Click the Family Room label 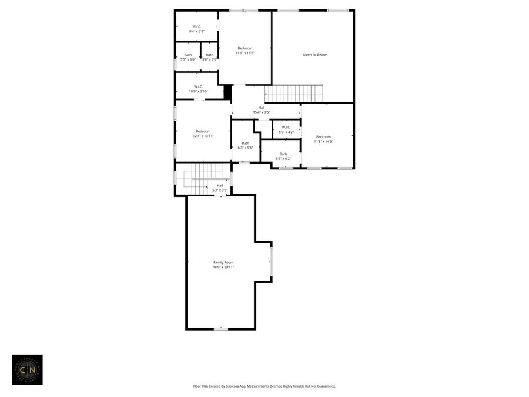pyautogui.click(x=223, y=262)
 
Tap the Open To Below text pyautogui.click(x=314, y=55)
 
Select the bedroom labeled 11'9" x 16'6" pyautogui.click(x=245, y=51)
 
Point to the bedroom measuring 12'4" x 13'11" pyautogui.click(x=203, y=134)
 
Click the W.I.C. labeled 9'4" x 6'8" pyautogui.click(x=197, y=29)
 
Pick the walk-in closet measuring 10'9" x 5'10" pyautogui.click(x=198, y=89)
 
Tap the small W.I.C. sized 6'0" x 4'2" pyautogui.click(x=286, y=129)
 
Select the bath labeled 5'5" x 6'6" pyautogui.click(x=188, y=57)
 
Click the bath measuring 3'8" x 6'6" pyautogui.click(x=209, y=57)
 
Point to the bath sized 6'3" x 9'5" pyautogui.click(x=245, y=145)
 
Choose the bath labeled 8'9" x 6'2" pyautogui.click(x=283, y=156)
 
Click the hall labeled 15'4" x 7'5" pyautogui.click(x=261, y=109)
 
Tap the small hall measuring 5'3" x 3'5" pyautogui.click(x=220, y=188)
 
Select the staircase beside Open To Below pyautogui.click(x=294, y=94)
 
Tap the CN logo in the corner pyautogui.click(x=27, y=369)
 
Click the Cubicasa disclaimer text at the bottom pyautogui.click(x=264, y=386)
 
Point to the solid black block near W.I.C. pyautogui.click(x=228, y=92)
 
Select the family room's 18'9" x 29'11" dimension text pyautogui.click(x=223, y=267)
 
